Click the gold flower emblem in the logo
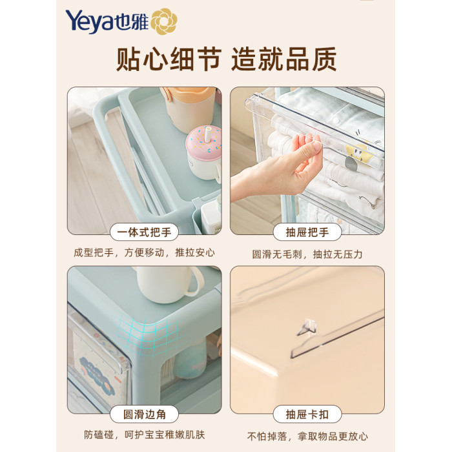tap(164, 21)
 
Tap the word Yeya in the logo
tap(90, 22)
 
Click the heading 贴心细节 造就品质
tap(226, 59)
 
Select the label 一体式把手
tap(144, 232)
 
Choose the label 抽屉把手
tap(307, 232)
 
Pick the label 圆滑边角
tap(145, 415)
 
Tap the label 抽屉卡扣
tap(307, 415)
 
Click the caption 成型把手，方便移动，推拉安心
tap(144, 252)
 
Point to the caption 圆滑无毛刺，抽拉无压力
tap(307, 254)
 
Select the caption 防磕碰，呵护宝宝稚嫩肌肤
tap(145, 435)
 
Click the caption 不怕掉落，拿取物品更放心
tap(307, 436)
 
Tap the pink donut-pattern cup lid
tap(204, 141)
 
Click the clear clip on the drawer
tap(308, 327)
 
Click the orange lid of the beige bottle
tap(187, 94)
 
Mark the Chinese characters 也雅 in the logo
tap(132, 22)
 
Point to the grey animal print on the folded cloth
tap(351, 162)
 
